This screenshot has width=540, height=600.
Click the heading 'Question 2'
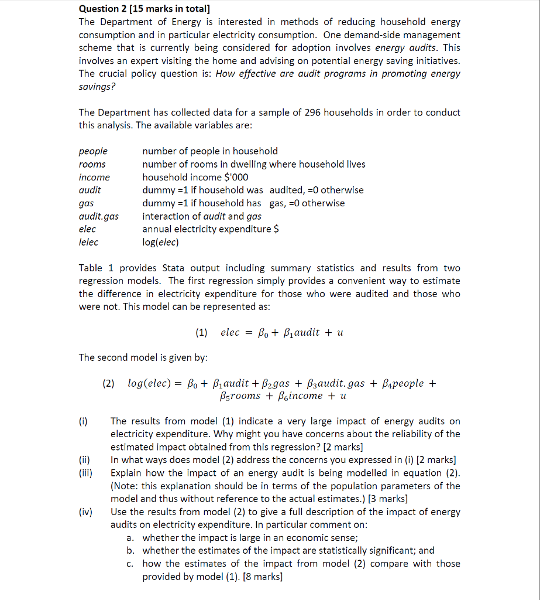point(103,9)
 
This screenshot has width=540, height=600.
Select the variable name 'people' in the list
point(93,151)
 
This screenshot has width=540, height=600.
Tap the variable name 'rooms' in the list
point(92,164)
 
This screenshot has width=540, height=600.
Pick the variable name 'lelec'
point(88,242)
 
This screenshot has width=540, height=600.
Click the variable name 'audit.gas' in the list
point(98,216)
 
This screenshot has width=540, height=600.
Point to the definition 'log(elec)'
point(160,242)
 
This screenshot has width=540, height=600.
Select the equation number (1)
point(201,333)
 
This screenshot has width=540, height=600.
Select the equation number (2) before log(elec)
point(109,384)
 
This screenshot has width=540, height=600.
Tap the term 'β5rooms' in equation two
point(239,396)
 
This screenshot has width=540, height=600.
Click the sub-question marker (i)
point(83,421)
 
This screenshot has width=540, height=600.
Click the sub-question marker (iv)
point(85,512)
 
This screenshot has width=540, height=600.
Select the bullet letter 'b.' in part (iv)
point(130,550)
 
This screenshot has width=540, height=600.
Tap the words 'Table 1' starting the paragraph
point(91,268)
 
